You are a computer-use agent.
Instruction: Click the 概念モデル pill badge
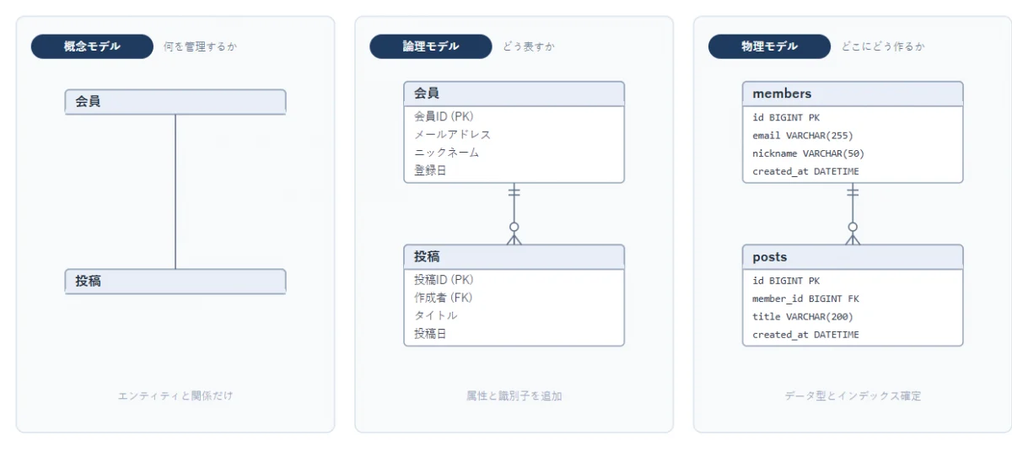pyautogui.click(x=92, y=46)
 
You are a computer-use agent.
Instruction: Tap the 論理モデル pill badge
pyautogui.click(x=431, y=46)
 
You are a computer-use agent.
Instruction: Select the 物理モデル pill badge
pyautogui.click(x=769, y=46)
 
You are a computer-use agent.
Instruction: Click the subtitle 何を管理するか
pyautogui.click(x=200, y=46)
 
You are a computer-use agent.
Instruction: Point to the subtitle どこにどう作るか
pyautogui.click(x=883, y=46)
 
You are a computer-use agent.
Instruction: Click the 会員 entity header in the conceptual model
pyautogui.click(x=175, y=102)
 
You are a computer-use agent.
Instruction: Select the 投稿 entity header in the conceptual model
pyautogui.click(x=175, y=282)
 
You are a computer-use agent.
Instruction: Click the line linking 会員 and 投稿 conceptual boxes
pyautogui.click(x=175, y=191)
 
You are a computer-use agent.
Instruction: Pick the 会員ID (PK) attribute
pyautogui.click(x=444, y=116)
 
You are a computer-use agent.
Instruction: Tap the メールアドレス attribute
pyautogui.click(x=452, y=135)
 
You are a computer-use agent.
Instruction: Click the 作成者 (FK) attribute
pyautogui.click(x=444, y=298)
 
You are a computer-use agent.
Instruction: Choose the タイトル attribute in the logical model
pyautogui.click(x=435, y=315)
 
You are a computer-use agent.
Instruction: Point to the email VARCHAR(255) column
pyautogui.click(x=802, y=136)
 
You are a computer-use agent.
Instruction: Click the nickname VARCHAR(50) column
pyautogui.click(x=808, y=153)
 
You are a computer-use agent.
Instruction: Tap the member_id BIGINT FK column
pyautogui.click(x=805, y=298)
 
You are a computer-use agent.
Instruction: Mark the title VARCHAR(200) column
pyautogui.click(x=802, y=316)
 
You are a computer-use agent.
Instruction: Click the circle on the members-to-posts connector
pyautogui.click(x=853, y=227)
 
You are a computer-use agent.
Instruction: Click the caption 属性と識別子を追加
pyautogui.click(x=514, y=396)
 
